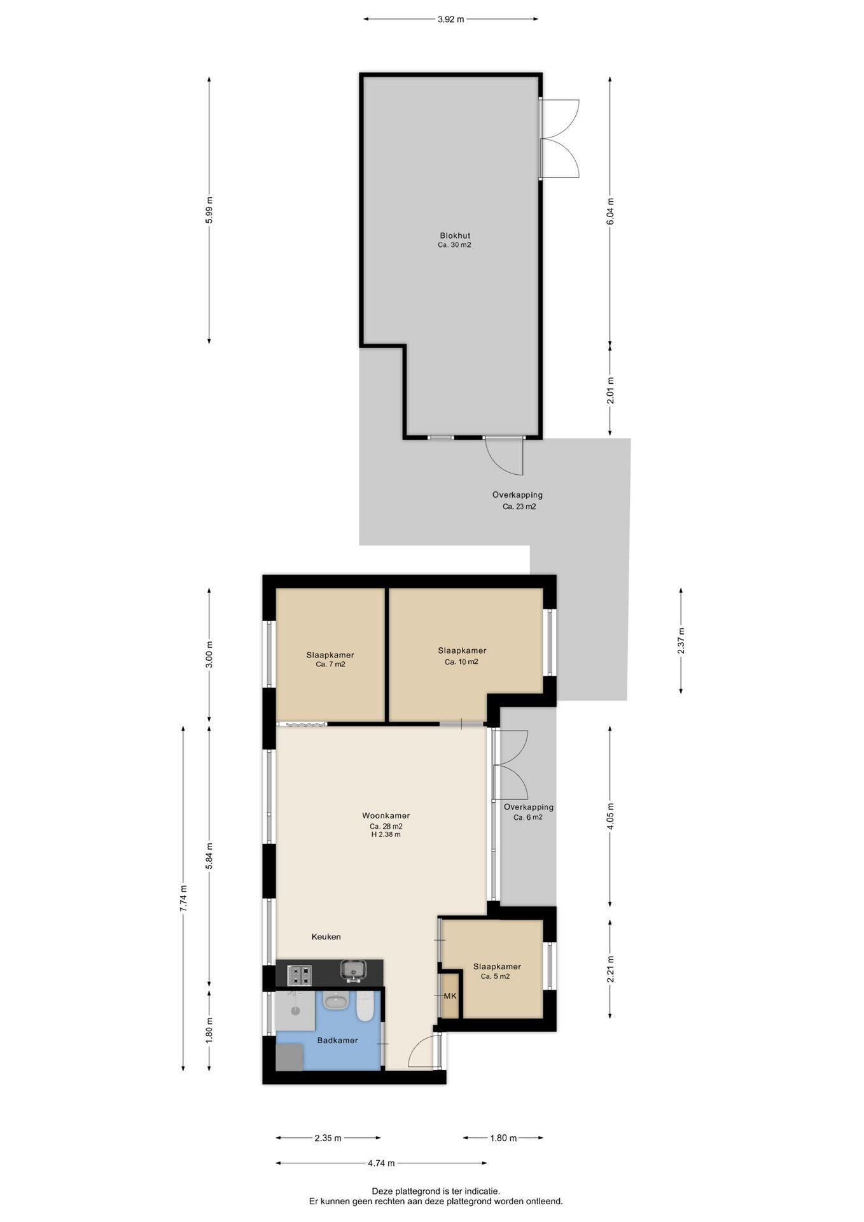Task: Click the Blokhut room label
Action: (x=454, y=235)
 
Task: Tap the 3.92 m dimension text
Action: (x=450, y=19)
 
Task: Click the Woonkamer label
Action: (x=386, y=815)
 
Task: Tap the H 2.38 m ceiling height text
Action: (x=386, y=834)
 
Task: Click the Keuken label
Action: (x=326, y=936)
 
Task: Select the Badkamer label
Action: (x=337, y=1040)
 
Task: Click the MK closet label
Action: (x=450, y=996)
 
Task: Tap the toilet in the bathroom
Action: (x=365, y=1007)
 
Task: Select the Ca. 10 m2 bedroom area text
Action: (x=461, y=662)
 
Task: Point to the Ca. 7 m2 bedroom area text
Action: (x=330, y=664)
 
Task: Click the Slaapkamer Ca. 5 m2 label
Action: (x=497, y=971)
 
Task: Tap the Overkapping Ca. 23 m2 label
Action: (x=518, y=501)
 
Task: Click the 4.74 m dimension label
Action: (x=381, y=1163)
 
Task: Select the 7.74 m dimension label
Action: (x=183, y=899)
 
